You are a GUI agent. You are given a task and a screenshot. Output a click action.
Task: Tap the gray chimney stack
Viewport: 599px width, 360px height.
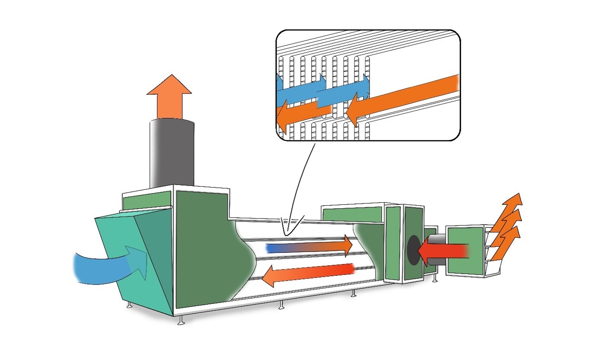(172, 153)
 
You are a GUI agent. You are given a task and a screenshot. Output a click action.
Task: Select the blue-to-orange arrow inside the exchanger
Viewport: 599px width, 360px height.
(311, 247)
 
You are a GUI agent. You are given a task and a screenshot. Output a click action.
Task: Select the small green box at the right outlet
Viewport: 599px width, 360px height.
(466, 251)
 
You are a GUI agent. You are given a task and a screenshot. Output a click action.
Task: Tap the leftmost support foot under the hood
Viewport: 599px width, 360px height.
(129, 305)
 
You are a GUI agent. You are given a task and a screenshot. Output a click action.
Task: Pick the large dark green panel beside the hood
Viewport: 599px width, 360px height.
(207, 251)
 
